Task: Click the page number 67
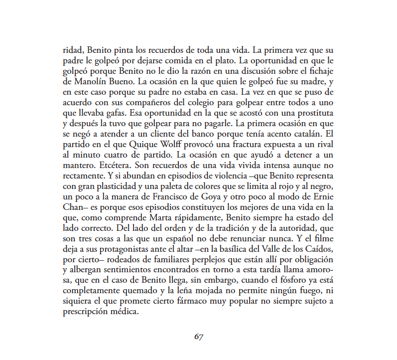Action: tap(198, 336)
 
